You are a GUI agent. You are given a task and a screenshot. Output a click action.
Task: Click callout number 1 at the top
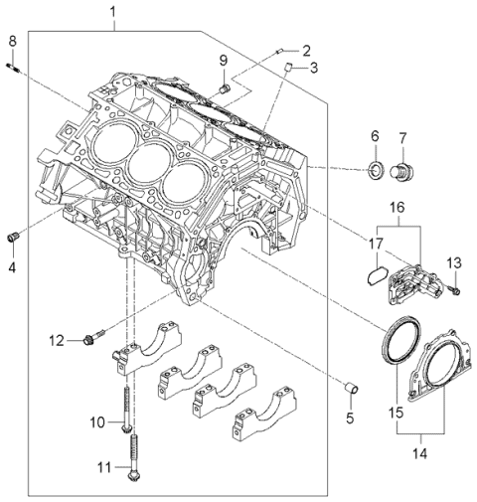tap(112, 12)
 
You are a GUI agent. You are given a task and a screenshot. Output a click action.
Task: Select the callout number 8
tap(12, 40)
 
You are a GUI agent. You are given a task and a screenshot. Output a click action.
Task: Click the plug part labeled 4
tap(13, 237)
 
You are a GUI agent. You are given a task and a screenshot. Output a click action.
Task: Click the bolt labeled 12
tap(92, 338)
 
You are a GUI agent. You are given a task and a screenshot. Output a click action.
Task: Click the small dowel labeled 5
tap(350, 385)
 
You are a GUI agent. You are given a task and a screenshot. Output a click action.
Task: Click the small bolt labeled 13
tap(451, 289)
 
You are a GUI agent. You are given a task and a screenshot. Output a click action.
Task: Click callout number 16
tap(397, 208)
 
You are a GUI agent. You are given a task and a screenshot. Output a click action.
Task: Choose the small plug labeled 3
tap(285, 66)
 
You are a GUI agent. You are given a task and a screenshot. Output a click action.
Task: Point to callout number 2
tap(306, 50)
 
